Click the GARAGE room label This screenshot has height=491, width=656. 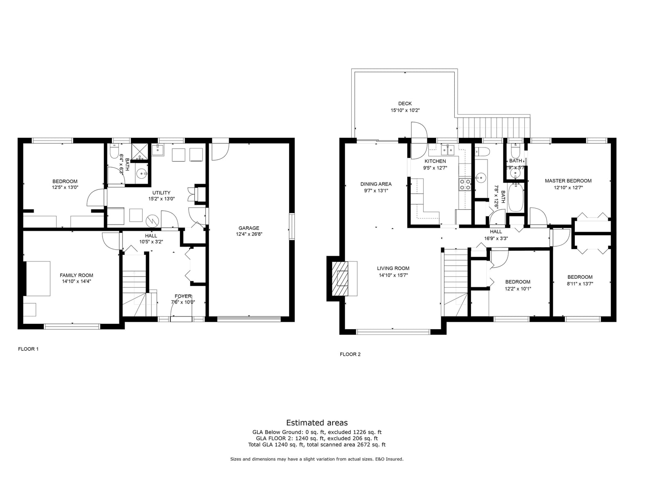248,228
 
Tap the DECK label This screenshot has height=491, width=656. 405,103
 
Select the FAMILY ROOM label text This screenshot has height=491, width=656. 76,275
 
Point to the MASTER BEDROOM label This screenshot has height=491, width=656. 568,181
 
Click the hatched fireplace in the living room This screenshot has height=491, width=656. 340,279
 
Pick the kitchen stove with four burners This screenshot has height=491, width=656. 465,184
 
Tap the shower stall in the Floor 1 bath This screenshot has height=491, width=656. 140,151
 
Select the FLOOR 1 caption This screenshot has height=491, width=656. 28,349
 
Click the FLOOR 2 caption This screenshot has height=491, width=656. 350,354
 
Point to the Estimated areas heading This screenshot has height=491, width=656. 317,423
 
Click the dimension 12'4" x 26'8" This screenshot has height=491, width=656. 249,234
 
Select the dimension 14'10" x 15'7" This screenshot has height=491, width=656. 393,275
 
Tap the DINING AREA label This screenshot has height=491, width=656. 376,184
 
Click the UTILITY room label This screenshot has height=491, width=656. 162,193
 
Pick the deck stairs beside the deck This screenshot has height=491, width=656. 494,127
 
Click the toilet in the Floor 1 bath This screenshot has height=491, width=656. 114,151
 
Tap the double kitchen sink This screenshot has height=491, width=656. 448,150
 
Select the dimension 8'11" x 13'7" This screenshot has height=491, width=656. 580,284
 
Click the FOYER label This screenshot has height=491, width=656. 183,296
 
